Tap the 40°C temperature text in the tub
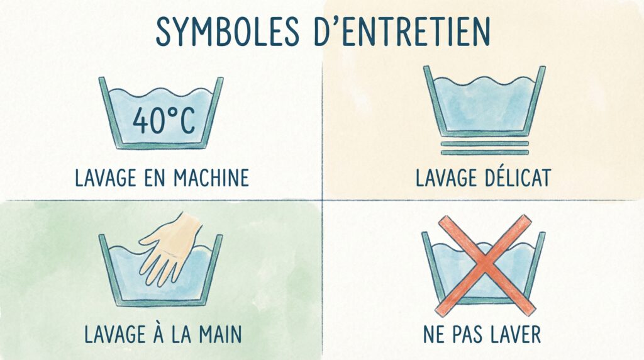coord(163,121)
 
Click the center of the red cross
coord(484,264)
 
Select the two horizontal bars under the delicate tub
coord(484,148)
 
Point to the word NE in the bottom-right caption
coord(434,334)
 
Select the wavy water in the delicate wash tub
coord(484,104)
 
